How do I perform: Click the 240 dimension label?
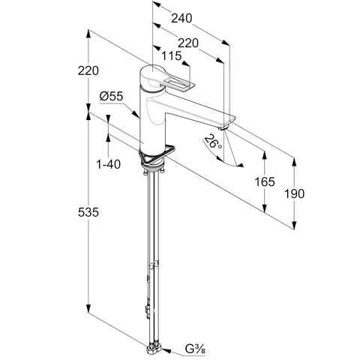point(181,19)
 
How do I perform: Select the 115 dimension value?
point(171,55)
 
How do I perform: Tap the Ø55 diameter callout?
point(111,96)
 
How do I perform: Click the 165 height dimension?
point(265,181)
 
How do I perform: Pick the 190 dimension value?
point(295,193)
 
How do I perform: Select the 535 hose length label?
point(88,212)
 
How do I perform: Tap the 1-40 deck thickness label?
point(109,164)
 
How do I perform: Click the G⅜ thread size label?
point(195,349)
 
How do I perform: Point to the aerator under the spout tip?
point(223,128)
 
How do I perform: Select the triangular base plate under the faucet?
point(156,154)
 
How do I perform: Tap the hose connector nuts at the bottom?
point(154,348)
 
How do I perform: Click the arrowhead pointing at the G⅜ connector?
point(166,351)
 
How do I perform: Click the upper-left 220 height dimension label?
point(88,70)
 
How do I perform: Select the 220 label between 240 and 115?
point(188,43)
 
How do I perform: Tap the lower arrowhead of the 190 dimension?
point(295,225)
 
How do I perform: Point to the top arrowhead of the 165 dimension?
point(265,155)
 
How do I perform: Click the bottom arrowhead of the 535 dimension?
point(88,308)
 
